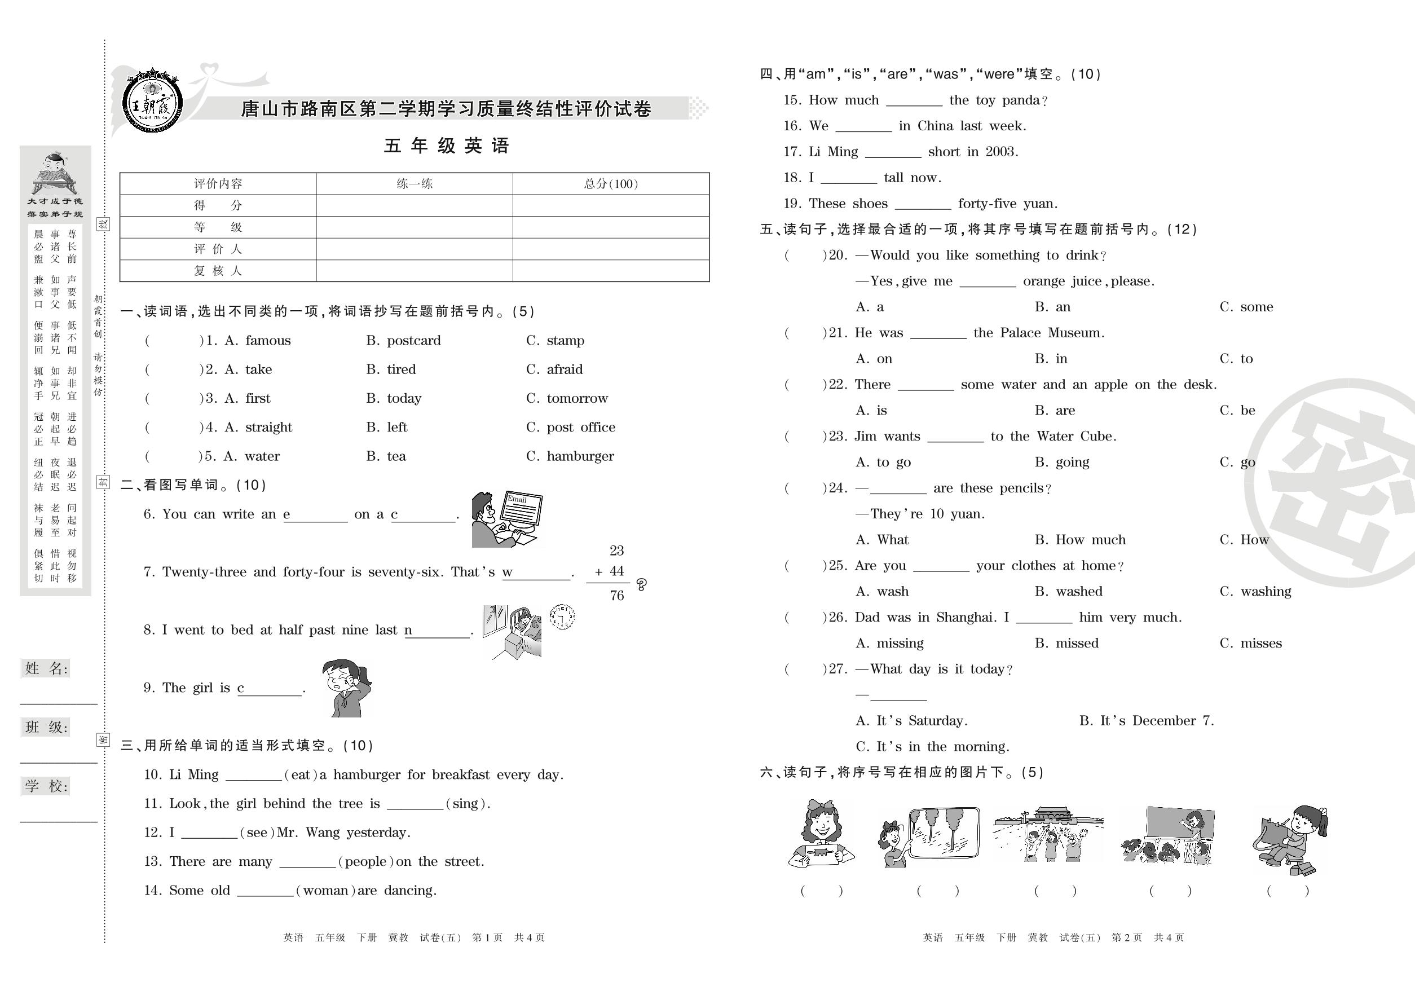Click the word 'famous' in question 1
tap(268, 340)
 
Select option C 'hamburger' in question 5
tap(580, 456)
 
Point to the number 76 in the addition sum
tap(616, 596)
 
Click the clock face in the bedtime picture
tap(561, 616)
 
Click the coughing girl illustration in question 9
tap(346, 688)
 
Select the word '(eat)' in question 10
tap(300, 774)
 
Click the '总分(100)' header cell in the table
tap(610, 184)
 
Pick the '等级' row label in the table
tap(218, 227)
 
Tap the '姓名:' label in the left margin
tap(46, 669)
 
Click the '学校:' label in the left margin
tap(46, 786)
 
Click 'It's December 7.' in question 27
tap(1157, 720)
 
